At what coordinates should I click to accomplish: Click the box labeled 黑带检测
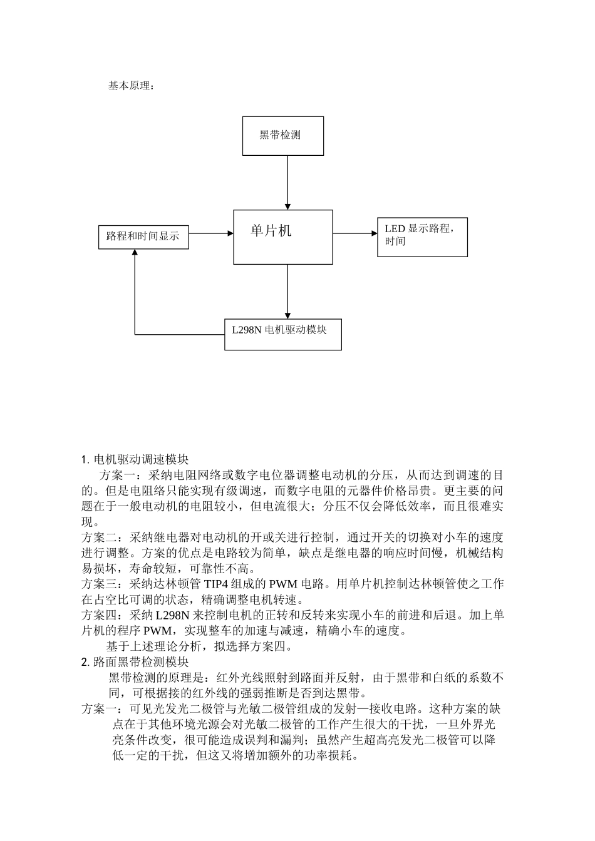(x=283, y=135)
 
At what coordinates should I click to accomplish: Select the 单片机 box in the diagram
(x=283, y=237)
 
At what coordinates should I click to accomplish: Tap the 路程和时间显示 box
(x=143, y=237)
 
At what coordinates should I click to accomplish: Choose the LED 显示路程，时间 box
(x=422, y=237)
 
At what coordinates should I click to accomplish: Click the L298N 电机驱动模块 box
(x=283, y=334)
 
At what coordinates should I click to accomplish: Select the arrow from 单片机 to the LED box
(x=354, y=233)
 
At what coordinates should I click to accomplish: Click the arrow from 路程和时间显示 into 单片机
(x=211, y=233)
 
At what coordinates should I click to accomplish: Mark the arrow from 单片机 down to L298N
(x=288, y=292)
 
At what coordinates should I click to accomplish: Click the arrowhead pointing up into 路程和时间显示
(x=135, y=253)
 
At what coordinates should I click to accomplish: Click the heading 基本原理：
(x=131, y=86)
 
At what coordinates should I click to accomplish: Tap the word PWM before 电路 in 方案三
(x=285, y=584)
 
